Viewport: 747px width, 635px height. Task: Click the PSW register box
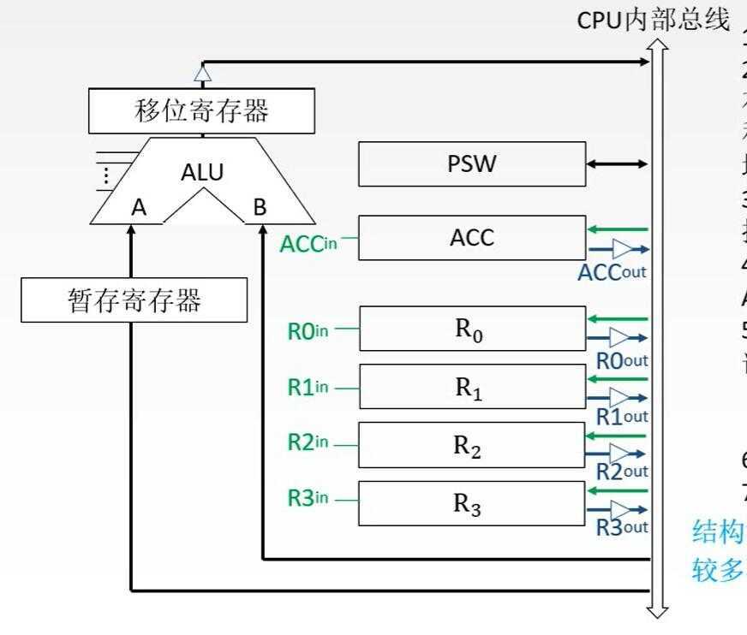pyautogui.click(x=472, y=163)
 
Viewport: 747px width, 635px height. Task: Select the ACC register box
pyautogui.click(x=472, y=237)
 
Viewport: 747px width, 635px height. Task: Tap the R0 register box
pyautogui.click(x=472, y=329)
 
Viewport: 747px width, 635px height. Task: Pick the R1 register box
pyautogui.click(x=472, y=387)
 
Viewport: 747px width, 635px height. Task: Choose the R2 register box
pyautogui.click(x=472, y=445)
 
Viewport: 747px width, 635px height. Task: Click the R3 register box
pyautogui.click(x=472, y=503)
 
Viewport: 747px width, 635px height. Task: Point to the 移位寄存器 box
pyautogui.click(x=201, y=111)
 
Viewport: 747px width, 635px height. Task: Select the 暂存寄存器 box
pyautogui.click(x=134, y=300)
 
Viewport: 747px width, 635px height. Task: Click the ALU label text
pyautogui.click(x=202, y=172)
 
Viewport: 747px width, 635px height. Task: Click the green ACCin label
pyautogui.click(x=308, y=243)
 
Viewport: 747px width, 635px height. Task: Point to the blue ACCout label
pyautogui.click(x=612, y=273)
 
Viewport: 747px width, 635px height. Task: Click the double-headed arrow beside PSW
pyautogui.click(x=617, y=163)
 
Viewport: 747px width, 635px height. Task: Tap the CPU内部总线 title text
pyautogui.click(x=653, y=20)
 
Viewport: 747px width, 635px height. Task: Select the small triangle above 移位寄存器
pyautogui.click(x=202, y=74)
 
